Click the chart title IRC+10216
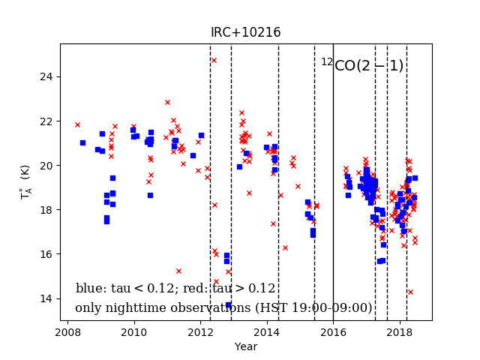(x=245, y=33)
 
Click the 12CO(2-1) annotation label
(x=362, y=65)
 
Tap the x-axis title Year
(x=245, y=347)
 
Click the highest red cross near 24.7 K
(x=214, y=61)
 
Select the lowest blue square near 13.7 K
(x=228, y=304)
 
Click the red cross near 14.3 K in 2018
(x=410, y=292)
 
